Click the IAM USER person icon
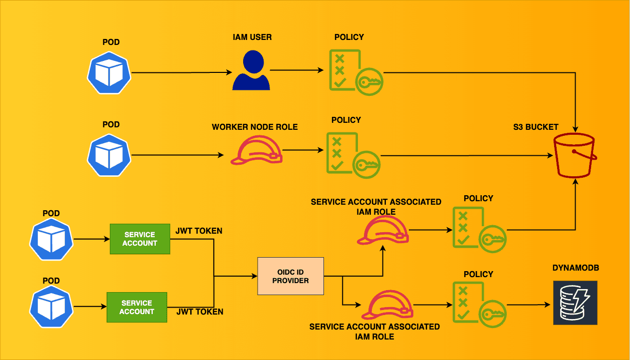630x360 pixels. [x=251, y=70]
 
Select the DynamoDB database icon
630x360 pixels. [x=575, y=303]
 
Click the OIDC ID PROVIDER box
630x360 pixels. [x=291, y=276]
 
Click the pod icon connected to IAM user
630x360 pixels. [x=109, y=72]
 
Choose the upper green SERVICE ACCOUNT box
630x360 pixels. [x=140, y=239]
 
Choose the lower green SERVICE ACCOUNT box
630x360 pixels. [x=137, y=307]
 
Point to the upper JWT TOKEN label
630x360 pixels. [x=199, y=231]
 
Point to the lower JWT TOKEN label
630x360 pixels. [x=200, y=312]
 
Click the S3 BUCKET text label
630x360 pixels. [x=536, y=127]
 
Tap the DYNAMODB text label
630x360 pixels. [x=576, y=268]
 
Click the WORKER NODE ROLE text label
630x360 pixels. [x=255, y=127]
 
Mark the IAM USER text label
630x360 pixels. [x=252, y=37]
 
